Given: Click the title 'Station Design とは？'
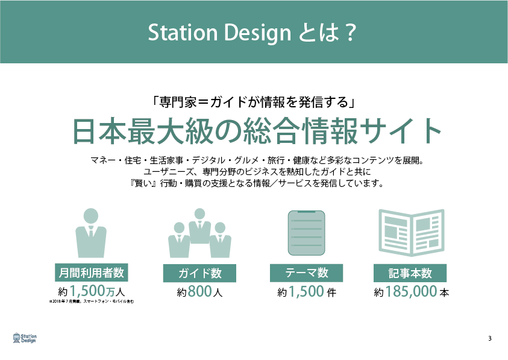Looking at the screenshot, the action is pos(252,33).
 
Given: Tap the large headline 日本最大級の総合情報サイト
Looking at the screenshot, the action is pos(257,131).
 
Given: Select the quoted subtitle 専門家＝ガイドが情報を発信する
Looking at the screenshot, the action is pos(254,102).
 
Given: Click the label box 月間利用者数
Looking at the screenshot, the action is pos(92,273).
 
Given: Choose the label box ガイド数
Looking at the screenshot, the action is pos(199,273).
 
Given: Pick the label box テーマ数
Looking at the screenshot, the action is pos(307,273).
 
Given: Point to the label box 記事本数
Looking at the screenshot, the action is pos(410,273).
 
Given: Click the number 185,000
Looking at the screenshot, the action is pos(411,291).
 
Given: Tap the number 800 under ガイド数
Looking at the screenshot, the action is pos(200,291).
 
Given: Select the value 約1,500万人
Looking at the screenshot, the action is pos(92,291).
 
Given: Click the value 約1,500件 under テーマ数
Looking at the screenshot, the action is pos(307,291).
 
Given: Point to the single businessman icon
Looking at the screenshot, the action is pos(91,233).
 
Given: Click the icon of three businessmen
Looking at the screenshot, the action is pos(199,233).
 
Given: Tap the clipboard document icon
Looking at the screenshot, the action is pos(307,233).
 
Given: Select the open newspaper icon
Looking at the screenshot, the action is pos(412,233).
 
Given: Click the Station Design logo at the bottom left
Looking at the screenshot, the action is pos(25,338).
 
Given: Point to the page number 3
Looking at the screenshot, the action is pos(490,339).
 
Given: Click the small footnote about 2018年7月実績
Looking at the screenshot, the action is pos(92,302).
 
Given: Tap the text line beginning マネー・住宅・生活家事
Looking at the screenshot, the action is pos(257,160).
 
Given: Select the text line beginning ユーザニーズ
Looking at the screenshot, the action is pos(257,172).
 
